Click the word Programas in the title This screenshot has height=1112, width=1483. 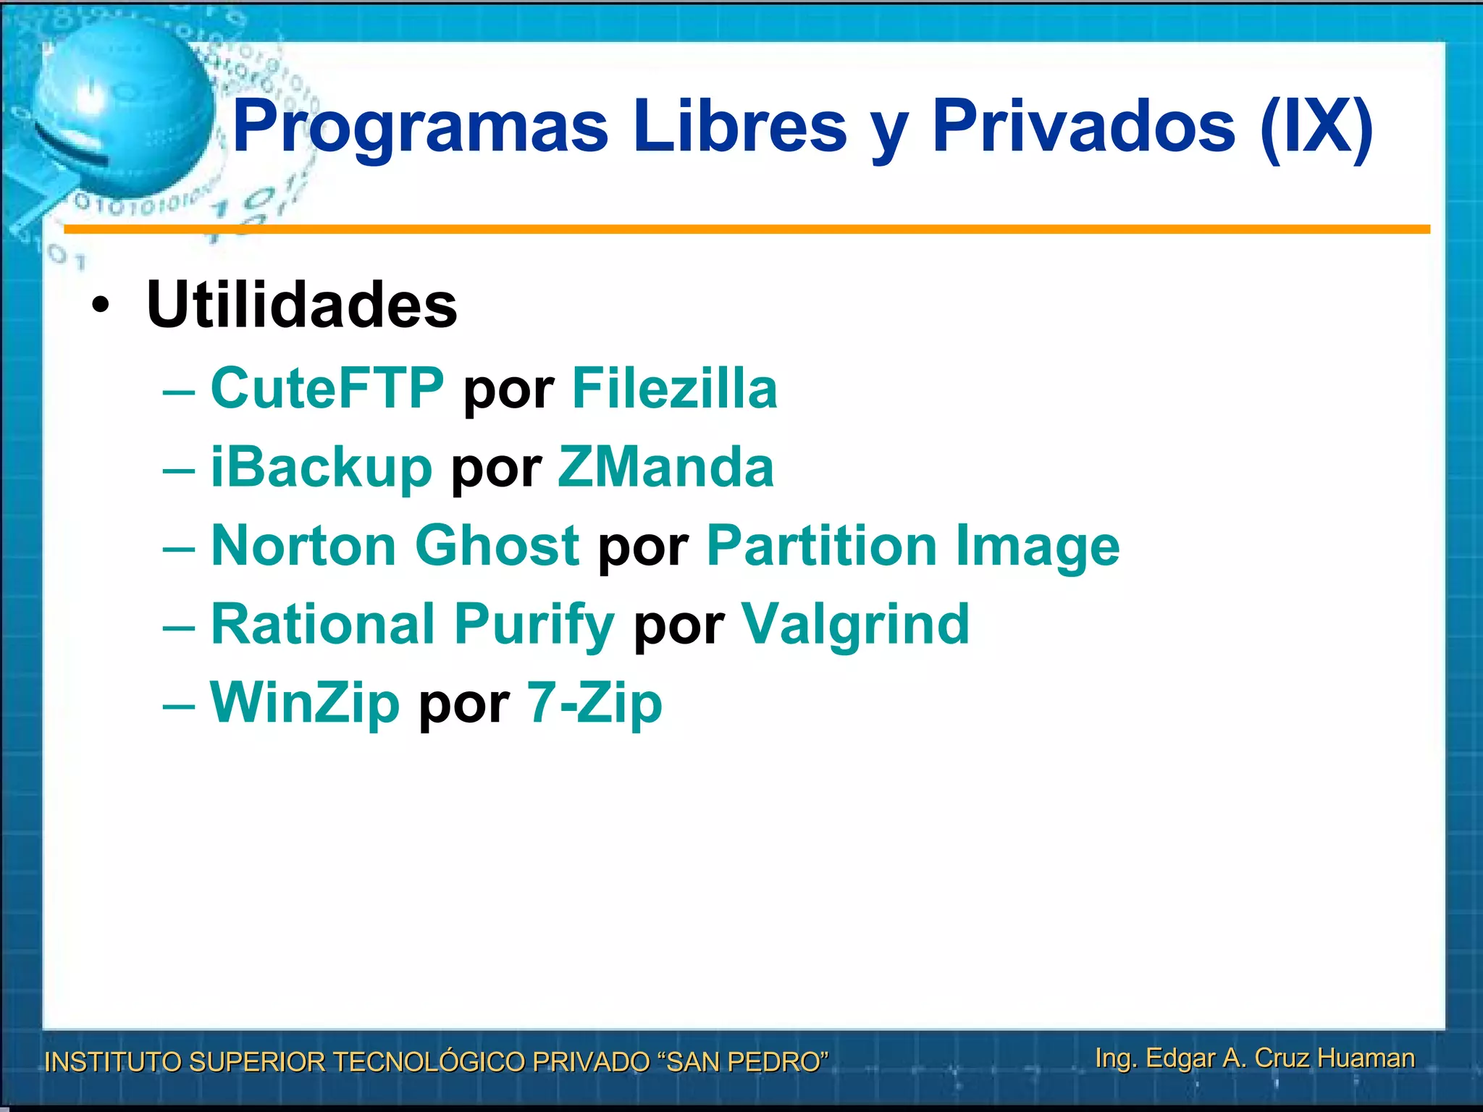(420, 127)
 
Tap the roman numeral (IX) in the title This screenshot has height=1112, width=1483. (1316, 127)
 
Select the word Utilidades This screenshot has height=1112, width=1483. (301, 305)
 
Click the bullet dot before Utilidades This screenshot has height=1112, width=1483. (101, 306)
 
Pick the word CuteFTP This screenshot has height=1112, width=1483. (327, 389)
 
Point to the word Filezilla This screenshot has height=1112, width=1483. (674, 389)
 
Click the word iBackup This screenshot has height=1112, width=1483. (321, 468)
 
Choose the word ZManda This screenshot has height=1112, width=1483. (665, 468)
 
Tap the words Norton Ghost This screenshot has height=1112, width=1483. (395, 546)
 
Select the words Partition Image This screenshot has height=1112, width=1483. (912, 546)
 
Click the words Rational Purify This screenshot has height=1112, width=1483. (412, 625)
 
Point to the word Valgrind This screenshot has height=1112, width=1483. (855, 625)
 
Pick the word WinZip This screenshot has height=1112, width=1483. (304, 703)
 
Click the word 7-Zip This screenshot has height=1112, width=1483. (594, 703)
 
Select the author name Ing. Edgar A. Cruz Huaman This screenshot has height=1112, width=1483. (1254, 1058)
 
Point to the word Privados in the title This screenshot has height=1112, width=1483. (1083, 127)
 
